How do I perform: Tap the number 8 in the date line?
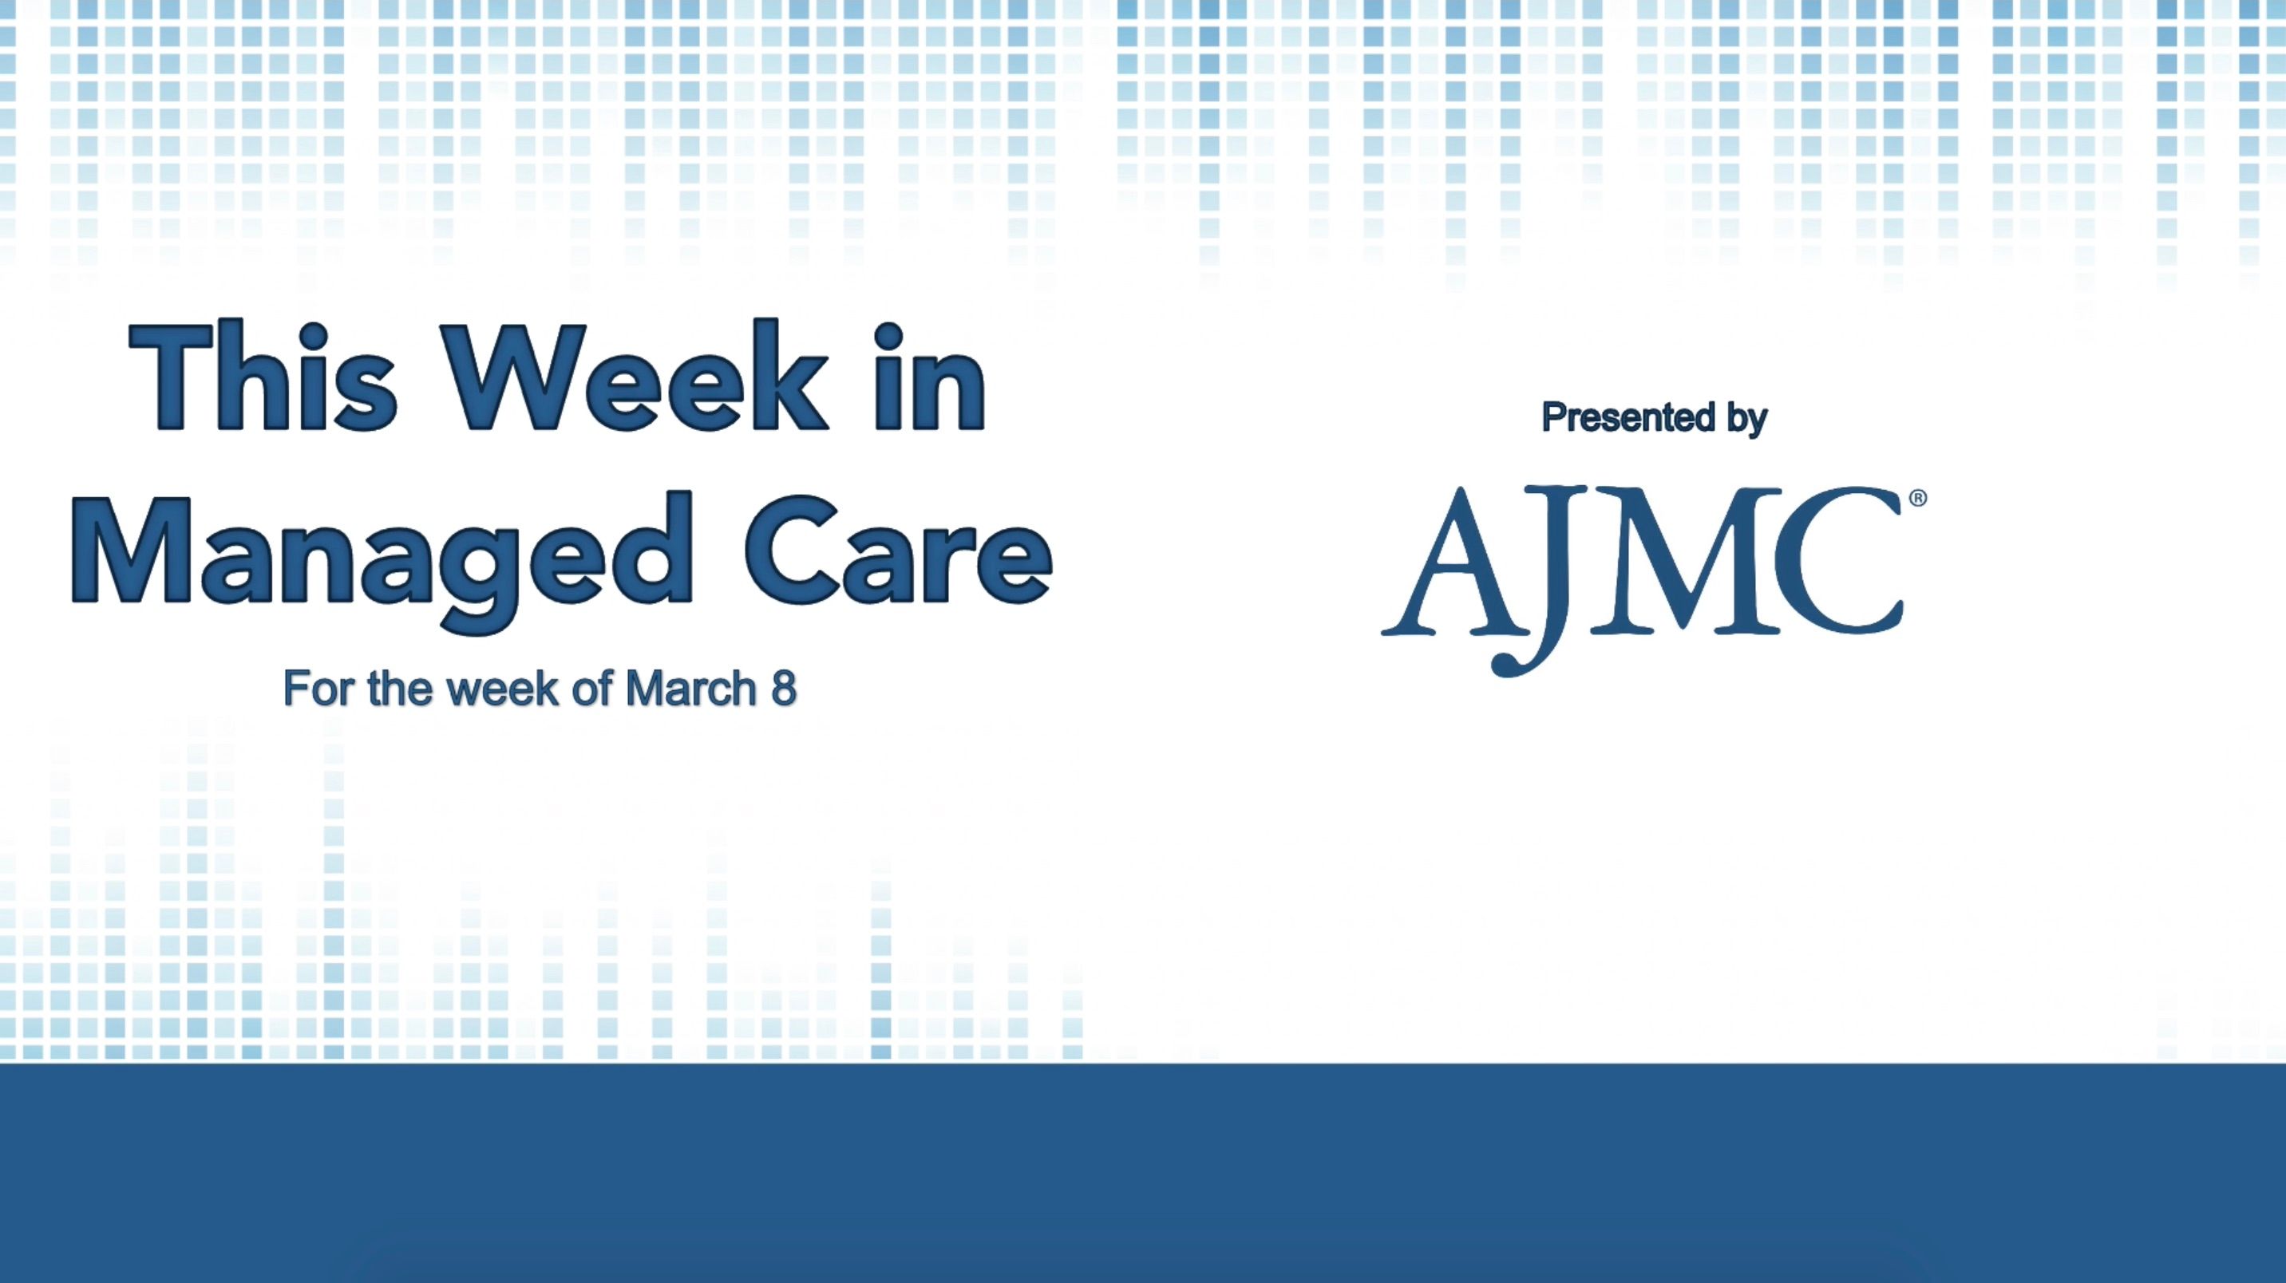tap(784, 689)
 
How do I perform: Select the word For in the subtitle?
tap(318, 689)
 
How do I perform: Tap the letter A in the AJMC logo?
tap(1450, 563)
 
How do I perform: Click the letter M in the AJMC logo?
tap(1668, 563)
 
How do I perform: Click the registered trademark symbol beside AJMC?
tap(1918, 499)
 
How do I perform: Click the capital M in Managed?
tap(133, 550)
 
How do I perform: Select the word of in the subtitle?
tap(587, 689)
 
